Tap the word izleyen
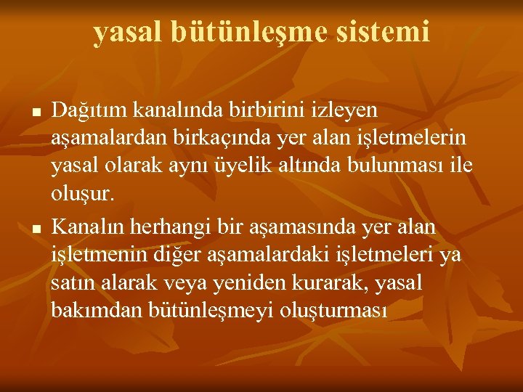pos(345,111)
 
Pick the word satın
pos(71,282)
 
